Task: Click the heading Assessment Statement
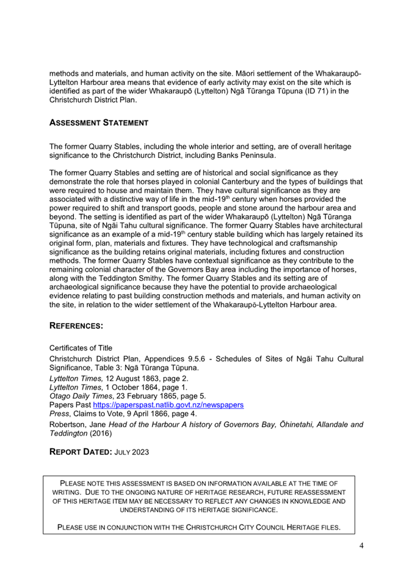coord(98,122)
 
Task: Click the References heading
coord(76,327)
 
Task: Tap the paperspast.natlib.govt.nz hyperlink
coord(168,405)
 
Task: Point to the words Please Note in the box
coord(80,483)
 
